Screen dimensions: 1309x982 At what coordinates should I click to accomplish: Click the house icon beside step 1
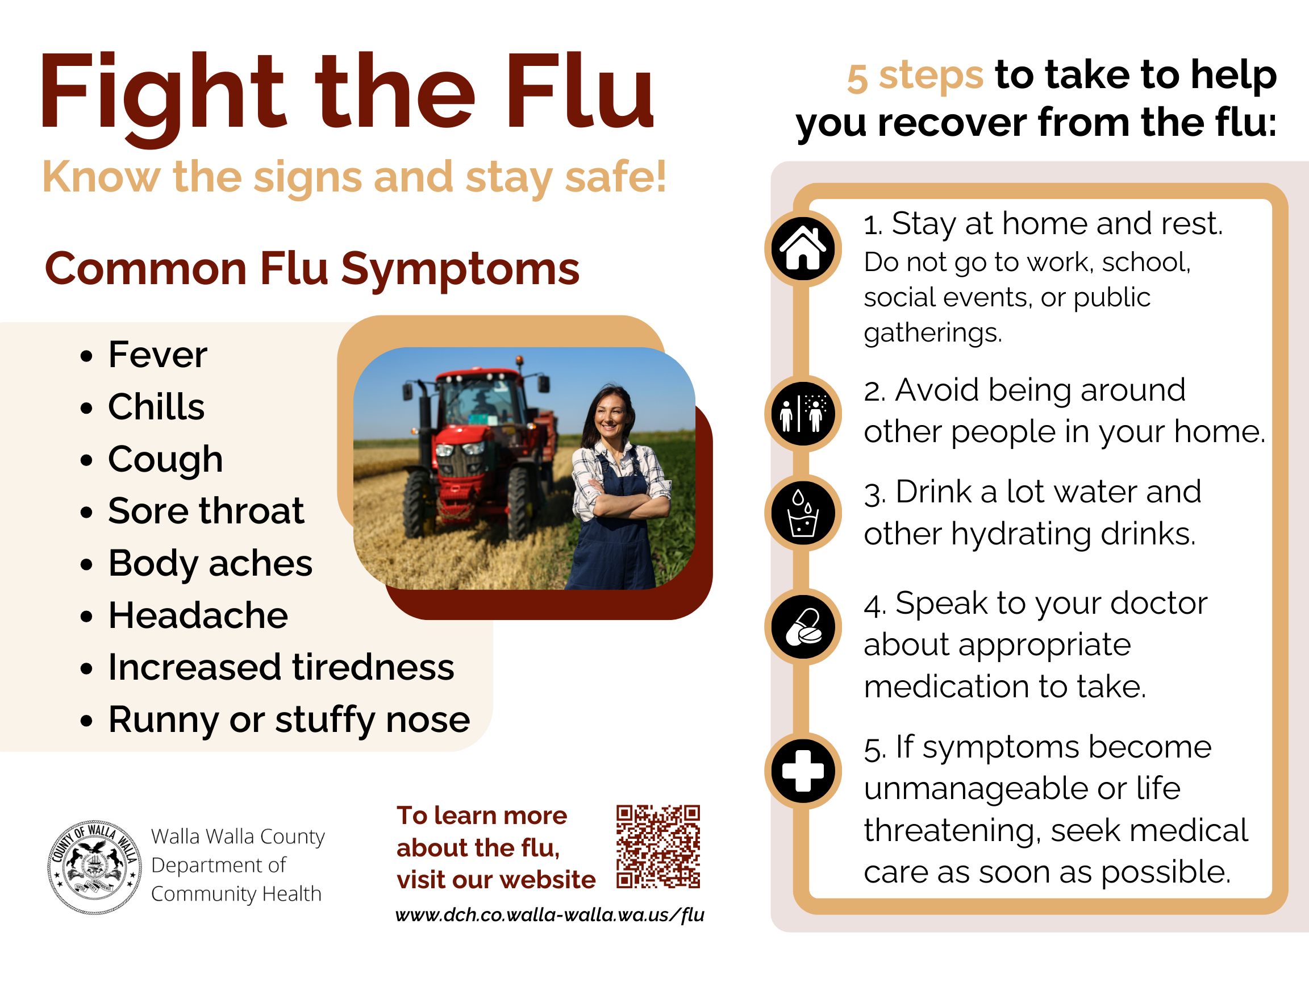point(802,248)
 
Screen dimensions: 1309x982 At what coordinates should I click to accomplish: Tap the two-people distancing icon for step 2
point(802,414)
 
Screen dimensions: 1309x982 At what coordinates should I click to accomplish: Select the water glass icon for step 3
point(802,513)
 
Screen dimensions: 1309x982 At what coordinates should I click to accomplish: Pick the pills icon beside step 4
point(802,627)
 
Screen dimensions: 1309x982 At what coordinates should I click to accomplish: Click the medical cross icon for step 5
point(802,771)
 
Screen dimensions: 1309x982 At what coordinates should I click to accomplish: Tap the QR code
point(657,846)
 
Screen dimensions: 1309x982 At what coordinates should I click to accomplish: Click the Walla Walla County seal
point(95,867)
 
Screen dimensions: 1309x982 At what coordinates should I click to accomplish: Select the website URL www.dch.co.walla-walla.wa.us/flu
point(550,915)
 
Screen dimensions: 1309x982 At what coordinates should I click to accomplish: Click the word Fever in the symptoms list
point(157,355)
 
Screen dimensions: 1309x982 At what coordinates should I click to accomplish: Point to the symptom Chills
point(156,407)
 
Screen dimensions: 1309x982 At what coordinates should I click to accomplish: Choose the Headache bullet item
point(198,615)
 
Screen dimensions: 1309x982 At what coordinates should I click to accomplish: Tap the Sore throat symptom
point(206,510)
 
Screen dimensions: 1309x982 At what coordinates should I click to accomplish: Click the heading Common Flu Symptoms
point(312,270)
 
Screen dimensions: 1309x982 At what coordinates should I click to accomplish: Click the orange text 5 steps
point(915,76)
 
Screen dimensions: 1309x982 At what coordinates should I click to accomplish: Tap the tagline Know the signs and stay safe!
point(355,177)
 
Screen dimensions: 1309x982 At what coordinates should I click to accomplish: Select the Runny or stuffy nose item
point(289,720)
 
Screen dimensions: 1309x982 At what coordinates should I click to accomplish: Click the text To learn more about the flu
point(481,831)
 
